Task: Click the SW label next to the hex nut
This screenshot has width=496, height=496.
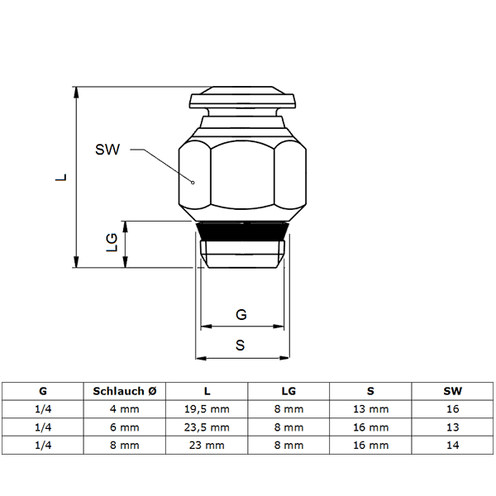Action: coord(107,150)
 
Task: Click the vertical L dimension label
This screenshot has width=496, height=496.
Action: coord(60,177)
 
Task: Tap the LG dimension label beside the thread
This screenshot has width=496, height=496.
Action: coord(111,242)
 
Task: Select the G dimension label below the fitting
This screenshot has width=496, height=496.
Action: coord(241,315)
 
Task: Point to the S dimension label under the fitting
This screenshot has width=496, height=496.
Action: coord(240,346)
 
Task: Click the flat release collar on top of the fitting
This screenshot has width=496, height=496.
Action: coord(243,100)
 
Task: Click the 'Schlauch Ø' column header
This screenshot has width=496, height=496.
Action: coord(125,391)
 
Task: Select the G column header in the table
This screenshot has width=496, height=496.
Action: coord(43,391)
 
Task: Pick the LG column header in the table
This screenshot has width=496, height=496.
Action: coord(289,391)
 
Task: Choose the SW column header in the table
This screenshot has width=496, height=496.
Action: coord(452,391)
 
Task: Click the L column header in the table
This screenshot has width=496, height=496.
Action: coord(207,391)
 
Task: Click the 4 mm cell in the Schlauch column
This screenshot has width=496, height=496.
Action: coord(125,409)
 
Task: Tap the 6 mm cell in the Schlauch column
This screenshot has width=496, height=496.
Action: coord(125,427)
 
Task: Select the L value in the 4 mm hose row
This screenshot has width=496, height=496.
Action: coord(207,409)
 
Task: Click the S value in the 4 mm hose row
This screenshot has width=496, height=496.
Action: coord(370,409)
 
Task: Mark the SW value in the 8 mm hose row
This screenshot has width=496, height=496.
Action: coord(452,446)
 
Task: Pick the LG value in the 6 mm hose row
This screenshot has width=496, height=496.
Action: coord(289,427)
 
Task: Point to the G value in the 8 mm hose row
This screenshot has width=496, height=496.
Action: coord(43,446)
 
